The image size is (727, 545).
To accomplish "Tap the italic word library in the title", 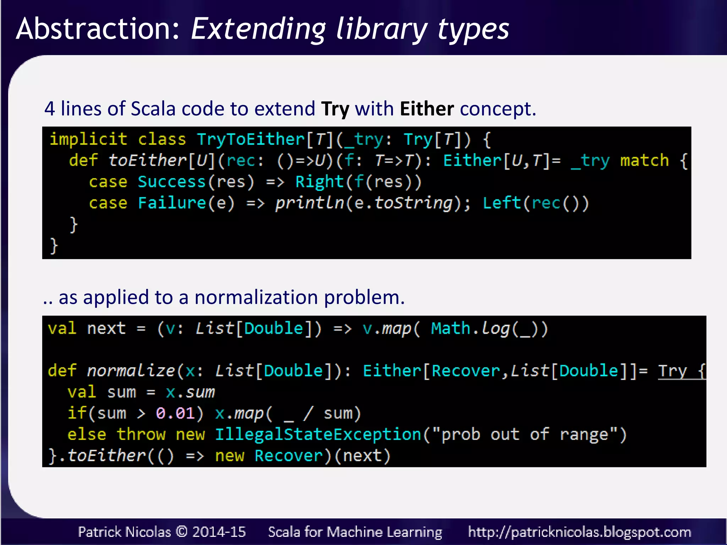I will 382,29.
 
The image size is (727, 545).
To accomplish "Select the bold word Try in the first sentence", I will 335,109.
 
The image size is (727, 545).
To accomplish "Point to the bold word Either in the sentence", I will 427,109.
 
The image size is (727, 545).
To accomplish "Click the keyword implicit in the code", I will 88,139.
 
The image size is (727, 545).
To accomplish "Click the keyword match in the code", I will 644,160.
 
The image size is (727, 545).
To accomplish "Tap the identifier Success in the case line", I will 171,182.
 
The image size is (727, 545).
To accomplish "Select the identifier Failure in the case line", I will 172,203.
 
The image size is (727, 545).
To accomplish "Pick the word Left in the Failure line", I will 502,203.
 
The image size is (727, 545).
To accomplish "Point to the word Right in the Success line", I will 319,182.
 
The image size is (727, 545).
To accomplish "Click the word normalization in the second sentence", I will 256,297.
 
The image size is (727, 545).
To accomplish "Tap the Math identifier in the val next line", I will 450,329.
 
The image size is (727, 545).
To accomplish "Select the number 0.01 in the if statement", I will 175,413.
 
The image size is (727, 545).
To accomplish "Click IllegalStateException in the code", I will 318,435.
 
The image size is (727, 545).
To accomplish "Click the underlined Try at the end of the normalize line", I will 672,371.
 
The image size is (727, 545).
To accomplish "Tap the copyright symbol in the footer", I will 181,532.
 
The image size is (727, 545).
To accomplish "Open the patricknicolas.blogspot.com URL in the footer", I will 579,532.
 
